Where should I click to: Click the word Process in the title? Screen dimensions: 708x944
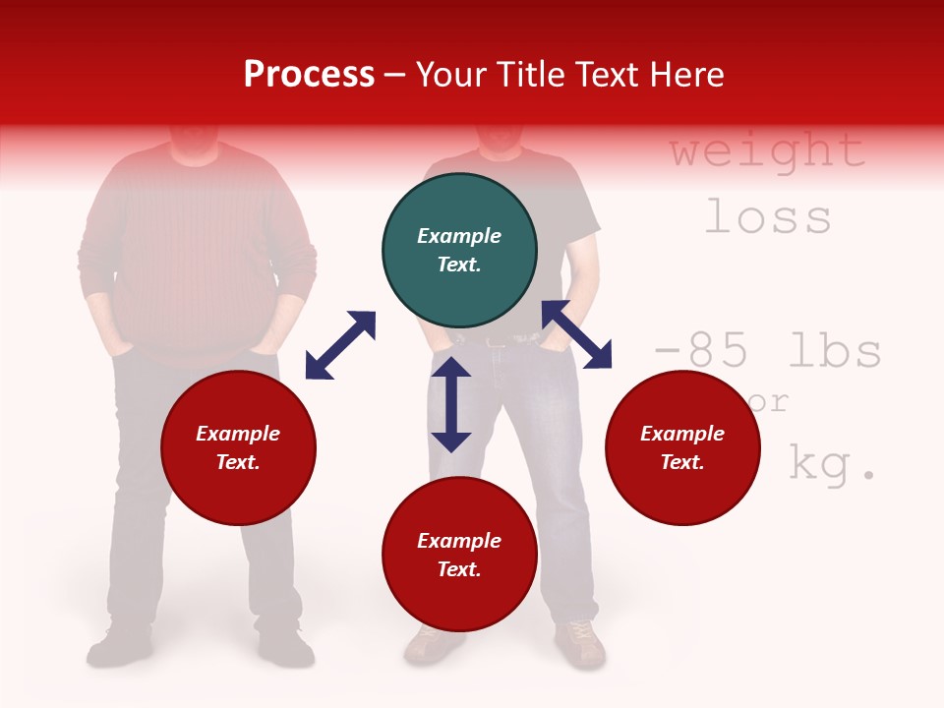[x=309, y=75]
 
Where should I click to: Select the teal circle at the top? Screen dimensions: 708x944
[x=459, y=251]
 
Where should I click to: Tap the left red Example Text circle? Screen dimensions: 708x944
[x=238, y=448]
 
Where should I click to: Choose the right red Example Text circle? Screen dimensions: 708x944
[x=682, y=448]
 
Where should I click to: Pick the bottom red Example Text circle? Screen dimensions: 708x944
[x=459, y=555]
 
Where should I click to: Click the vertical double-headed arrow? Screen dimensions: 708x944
[x=451, y=405]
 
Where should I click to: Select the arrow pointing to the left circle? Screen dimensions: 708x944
[x=340, y=345]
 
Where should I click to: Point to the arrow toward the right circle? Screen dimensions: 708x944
[x=577, y=334]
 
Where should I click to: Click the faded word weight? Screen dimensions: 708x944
[x=767, y=150]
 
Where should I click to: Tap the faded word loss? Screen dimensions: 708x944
[x=768, y=216]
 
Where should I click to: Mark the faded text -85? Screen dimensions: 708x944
[x=706, y=351]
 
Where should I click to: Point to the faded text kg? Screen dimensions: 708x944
[x=832, y=464]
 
